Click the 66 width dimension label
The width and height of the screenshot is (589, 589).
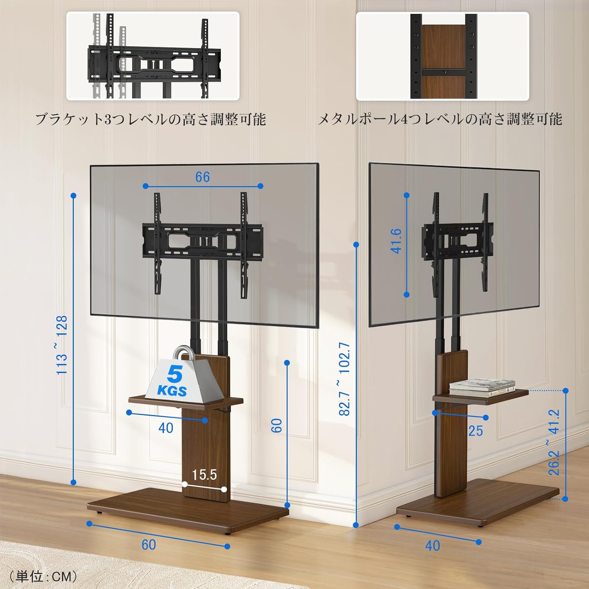(203, 177)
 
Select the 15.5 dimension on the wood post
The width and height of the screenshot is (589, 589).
(204, 475)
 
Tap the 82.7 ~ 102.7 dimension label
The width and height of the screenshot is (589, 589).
(344, 379)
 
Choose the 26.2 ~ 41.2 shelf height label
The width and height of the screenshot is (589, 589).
(554, 442)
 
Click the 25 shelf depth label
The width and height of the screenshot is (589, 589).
(475, 431)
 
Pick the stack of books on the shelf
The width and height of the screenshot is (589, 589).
(482, 387)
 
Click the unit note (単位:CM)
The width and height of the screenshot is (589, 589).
(43, 576)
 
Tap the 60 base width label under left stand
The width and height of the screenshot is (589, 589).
(148, 545)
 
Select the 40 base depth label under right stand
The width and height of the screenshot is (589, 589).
(432, 545)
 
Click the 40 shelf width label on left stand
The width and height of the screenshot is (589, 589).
(166, 428)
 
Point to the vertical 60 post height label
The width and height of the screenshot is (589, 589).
(277, 425)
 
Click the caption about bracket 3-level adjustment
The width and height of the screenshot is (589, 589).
(150, 119)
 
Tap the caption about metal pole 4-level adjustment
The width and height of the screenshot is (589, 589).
(439, 119)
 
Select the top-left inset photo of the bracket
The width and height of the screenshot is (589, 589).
(153, 56)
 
